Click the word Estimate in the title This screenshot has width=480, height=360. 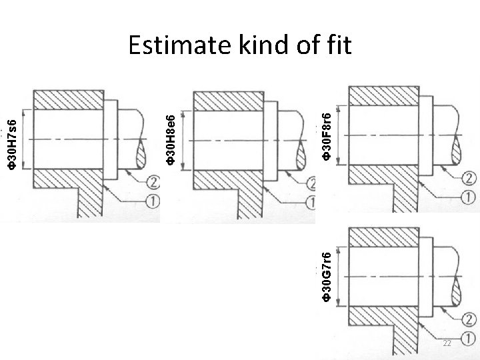pos(175,46)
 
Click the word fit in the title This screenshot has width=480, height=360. pos(339,46)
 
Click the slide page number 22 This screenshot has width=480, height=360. pos(447,343)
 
